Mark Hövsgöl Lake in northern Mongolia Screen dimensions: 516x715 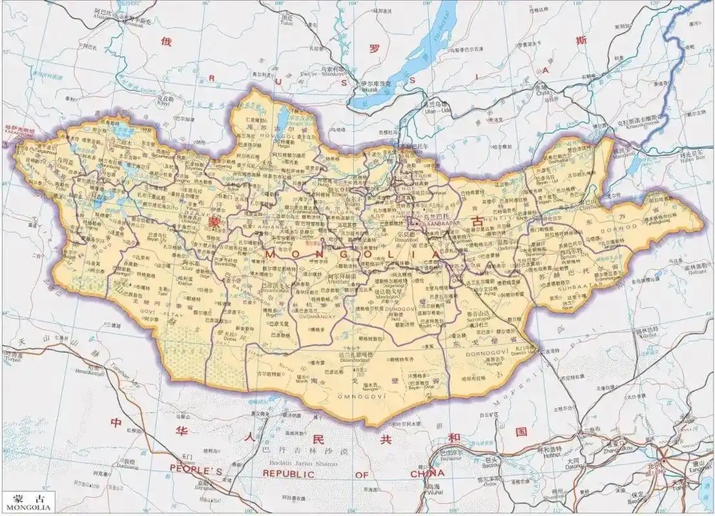(x=282, y=117)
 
